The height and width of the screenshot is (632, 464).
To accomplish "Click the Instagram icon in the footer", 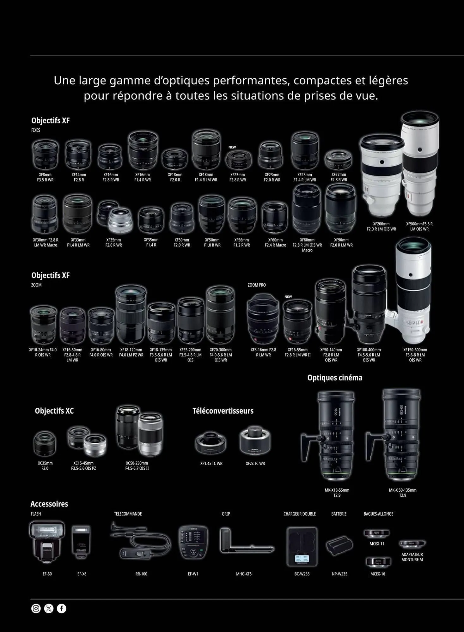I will (x=36, y=608).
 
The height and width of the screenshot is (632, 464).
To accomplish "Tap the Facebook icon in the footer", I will (x=62, y=608).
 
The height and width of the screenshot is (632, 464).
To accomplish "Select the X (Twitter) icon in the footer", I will (x=49, y=608).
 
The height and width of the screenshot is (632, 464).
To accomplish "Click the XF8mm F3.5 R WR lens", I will (x=46, y=155).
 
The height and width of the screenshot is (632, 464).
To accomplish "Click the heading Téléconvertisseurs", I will (x=223, y=411).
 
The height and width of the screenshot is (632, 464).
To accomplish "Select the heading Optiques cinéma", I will (x=335, y=378).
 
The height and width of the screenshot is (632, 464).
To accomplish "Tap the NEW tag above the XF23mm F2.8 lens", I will (x=232, y=147).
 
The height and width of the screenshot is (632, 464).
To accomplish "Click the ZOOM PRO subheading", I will (x=257, y=285).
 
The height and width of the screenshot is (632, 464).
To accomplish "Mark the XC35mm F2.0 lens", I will (x=45, y=443).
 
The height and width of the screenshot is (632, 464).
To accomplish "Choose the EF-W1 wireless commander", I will (x=193, y=542).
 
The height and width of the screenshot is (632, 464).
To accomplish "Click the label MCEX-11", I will (x=377, y=544).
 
